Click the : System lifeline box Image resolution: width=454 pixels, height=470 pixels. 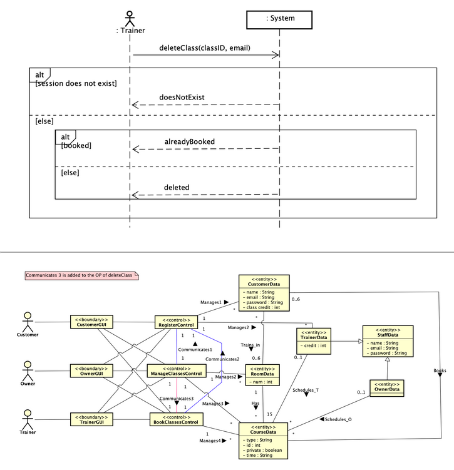coord(279,19)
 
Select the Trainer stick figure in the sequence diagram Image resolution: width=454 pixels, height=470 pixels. coord(130,17)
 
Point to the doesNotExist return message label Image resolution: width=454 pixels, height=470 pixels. coord(182,97)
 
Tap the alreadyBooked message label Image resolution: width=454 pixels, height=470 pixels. coord(189,141)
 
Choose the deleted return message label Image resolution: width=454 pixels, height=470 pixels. coord(177,187)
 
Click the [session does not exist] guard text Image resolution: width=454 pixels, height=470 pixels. coord(76,84)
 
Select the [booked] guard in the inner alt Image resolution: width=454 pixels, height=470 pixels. coord(76,145)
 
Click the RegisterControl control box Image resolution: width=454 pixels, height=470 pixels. coord(177,322)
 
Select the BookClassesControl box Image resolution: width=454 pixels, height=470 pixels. coord(175,419)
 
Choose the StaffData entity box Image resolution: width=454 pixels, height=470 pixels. coord(388,341)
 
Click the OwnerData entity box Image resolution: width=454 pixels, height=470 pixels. coord(386,388)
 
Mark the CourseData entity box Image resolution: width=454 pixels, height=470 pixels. coord(263,441)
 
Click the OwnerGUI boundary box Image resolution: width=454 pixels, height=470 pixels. coord(91,370)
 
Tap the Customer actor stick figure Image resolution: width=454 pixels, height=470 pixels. coord(27,322)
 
